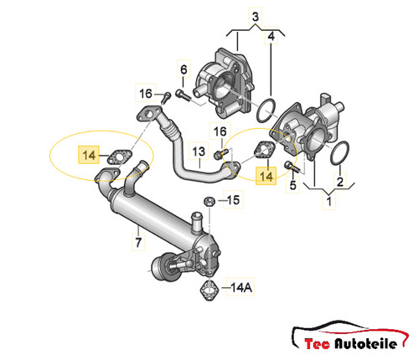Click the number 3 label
[x=256, y=17]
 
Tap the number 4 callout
[x=272, y=36]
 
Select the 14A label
[x=241, y=287]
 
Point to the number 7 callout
[x=138, y=242]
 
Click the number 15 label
[x=233, y=200]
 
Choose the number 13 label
[x=199, y=152]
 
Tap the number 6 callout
[x=184, y=69]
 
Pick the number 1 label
[x=329, y=201]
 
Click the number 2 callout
[x=340, y=182]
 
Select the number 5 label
[x=292, y=185]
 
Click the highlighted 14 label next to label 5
[x=266, y=176]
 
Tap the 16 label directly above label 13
[x=220, y=131]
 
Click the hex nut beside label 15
[x=209, y=201]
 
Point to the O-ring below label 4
[x=266, y=111]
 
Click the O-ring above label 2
[x=339, y=153]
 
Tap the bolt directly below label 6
[x=183, y=95]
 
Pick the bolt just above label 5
[x=292, y=167]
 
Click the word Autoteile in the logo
[x=366, y=343]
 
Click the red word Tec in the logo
[x=317, y=344]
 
